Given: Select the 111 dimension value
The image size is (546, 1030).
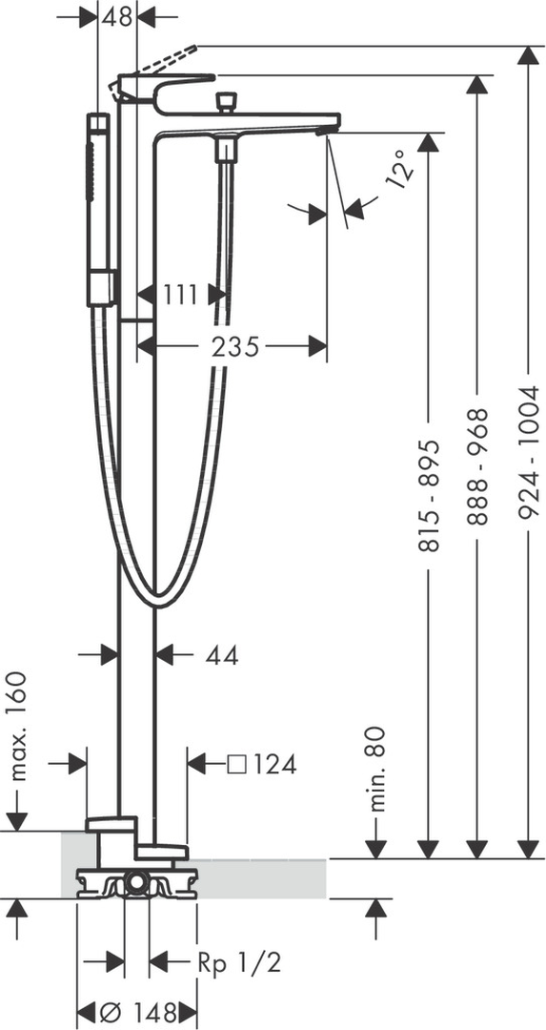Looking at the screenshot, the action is [180, 295].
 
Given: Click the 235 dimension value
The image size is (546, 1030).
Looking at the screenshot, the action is [235, 345].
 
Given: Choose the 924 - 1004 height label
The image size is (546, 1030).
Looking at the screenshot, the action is [529, 453].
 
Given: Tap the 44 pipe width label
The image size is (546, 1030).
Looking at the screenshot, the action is [221, 654].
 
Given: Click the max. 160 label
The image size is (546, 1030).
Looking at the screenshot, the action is [19, 725].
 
